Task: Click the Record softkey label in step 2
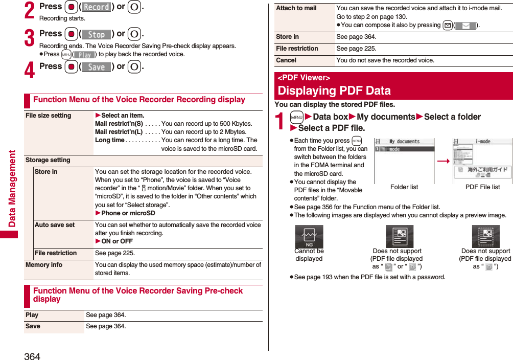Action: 97,7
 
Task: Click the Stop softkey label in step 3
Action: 97,34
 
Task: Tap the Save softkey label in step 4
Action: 97,67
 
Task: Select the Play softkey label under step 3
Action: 85,55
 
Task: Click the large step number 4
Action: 30,70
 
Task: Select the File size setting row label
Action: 49,116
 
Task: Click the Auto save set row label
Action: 55,225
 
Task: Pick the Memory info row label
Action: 44,265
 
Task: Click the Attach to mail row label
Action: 296,8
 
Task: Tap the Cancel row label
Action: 286,60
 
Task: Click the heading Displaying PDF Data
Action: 334,91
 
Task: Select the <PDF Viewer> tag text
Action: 304,78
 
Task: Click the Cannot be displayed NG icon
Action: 309,237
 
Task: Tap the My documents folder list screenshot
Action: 404,160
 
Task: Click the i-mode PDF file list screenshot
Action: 482,160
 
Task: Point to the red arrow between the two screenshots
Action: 443,161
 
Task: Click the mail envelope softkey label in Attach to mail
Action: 465,26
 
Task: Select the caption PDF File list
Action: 482,187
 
